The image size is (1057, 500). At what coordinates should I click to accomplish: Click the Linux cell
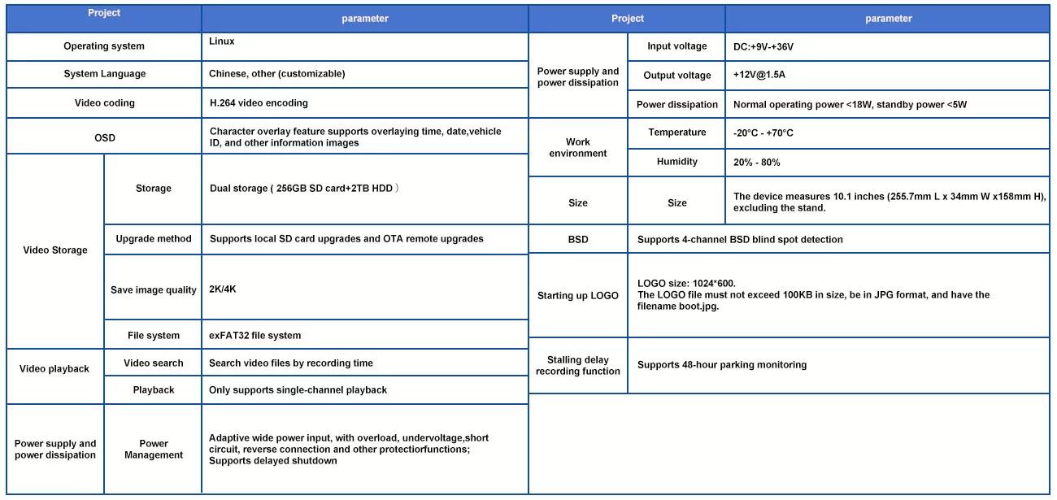click(222, 41)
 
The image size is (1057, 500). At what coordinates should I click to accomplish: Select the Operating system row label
click(104, 46)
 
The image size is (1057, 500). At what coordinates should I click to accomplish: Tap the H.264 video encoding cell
click(259, 103)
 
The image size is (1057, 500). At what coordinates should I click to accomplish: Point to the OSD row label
click(104, 137)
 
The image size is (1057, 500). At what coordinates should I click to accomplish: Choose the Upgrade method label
click(154, 239)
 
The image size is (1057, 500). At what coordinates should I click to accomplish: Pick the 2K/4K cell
click(223, 289)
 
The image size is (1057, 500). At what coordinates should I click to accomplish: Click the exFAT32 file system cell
click(255, 335)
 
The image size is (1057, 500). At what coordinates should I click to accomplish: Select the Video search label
click(154, 363)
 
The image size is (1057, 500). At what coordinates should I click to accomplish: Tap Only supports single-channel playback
click(298, 390)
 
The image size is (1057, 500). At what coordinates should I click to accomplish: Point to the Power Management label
click(154, 450)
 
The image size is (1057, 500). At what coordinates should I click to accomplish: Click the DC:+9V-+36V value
click(763, 46)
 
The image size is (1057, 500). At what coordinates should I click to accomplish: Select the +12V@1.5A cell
click(759, 75)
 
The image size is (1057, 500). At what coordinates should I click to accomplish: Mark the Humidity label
click(676, 162)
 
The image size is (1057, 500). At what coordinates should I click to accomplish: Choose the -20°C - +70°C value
click(763, 133)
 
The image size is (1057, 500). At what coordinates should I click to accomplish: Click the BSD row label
click(578, 240)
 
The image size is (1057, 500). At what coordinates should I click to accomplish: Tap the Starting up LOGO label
click(578, 296)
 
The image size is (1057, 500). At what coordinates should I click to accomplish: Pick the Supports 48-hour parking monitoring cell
click(722, 365)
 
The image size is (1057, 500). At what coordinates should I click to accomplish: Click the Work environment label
click(578, 147)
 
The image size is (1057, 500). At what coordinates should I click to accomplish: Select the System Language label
click(104, 74)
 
